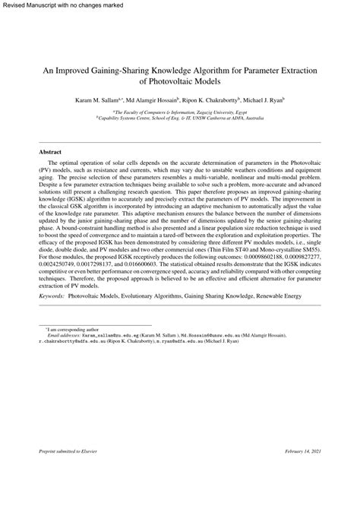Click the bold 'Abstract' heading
coord(50,152)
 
